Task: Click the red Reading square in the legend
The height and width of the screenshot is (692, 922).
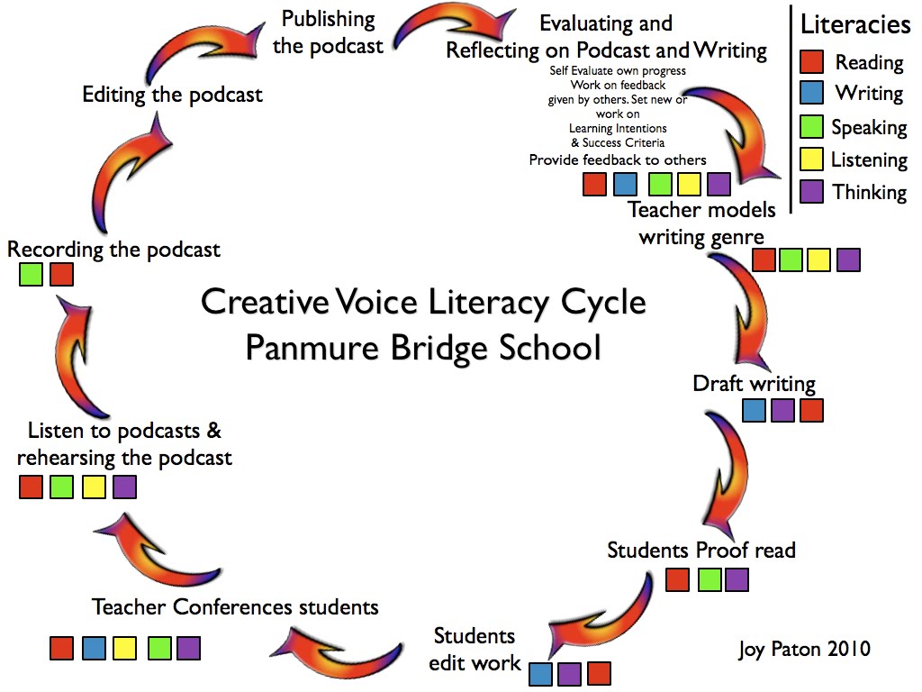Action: [x=811, y=62]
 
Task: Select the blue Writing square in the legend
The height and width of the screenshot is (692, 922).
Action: [x=811, y=93]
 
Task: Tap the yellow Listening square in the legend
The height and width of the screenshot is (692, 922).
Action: [x=811, y=159]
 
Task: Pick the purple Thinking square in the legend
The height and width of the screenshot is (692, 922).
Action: [x=811, y=192]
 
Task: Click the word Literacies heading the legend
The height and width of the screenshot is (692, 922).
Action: [x=855, y=25]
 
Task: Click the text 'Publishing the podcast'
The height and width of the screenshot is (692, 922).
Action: [x=328, y=32]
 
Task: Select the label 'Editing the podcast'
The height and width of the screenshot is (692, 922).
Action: [x=173, y=95]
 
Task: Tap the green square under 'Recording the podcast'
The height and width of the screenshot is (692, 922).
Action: [x=32, y=274]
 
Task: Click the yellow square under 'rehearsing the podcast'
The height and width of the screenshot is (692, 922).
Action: [x=95, y=487]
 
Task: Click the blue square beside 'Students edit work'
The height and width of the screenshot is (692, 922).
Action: [x=540, y=673]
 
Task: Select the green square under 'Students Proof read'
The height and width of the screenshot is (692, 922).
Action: [x=709, y=579]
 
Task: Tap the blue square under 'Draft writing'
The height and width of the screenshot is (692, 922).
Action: [x=754, y=411]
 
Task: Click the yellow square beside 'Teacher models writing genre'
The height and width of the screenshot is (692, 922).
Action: [x=818, y=260]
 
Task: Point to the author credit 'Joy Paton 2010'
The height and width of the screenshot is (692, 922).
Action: [x=804, y=649]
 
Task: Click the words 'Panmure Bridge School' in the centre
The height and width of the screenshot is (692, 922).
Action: [x=422, y=347]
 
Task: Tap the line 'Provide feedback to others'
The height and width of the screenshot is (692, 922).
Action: [x=618, y=160]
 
